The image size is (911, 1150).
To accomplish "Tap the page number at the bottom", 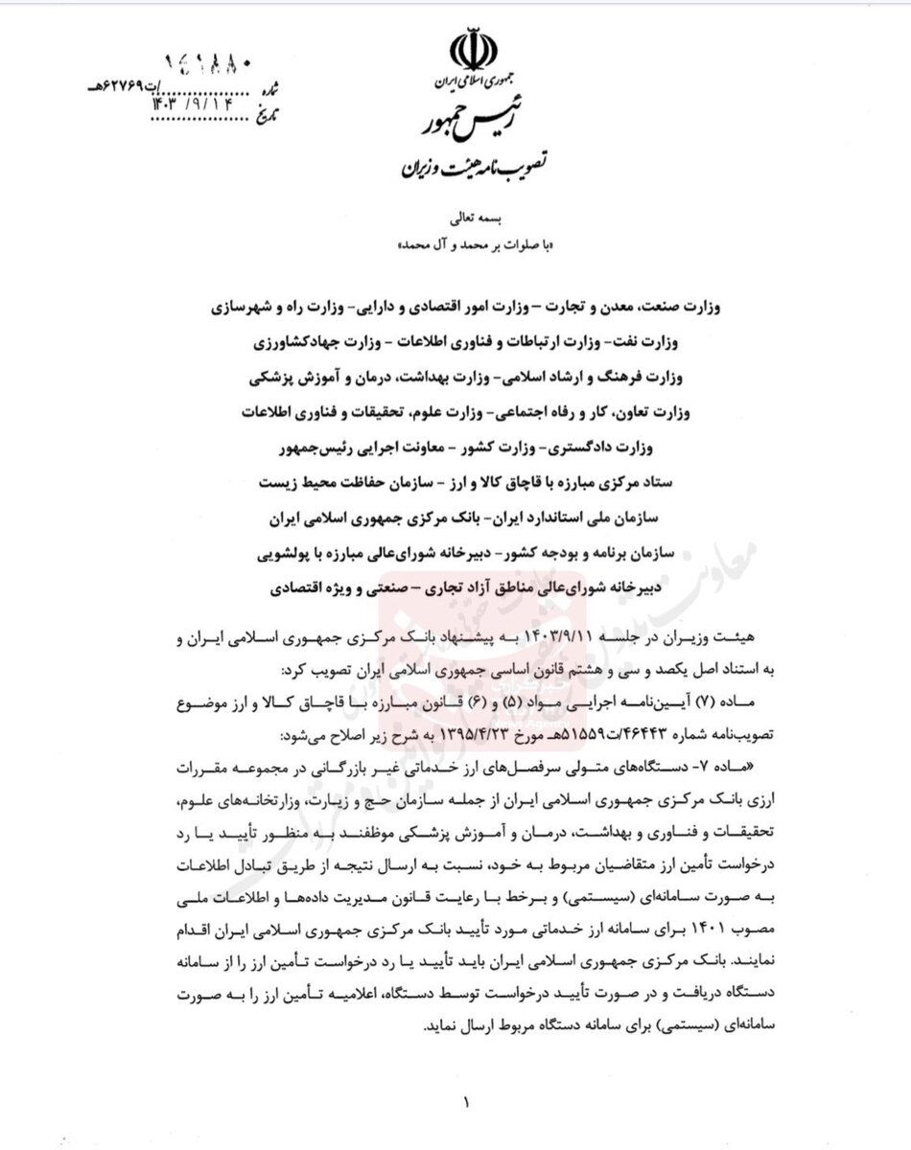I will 466,1103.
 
